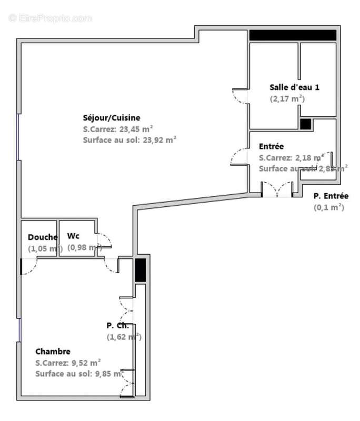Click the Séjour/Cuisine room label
point(111,118)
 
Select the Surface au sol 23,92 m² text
point(129,140)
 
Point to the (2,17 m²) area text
point(287,98)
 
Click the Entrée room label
point(272,146)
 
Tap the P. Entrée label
point(331,196)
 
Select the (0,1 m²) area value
point(328,207)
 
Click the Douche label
point(42,237)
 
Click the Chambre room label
point(53,351)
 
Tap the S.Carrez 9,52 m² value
point(68,363)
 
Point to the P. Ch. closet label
point(117,325)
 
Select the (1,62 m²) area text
point(124,337)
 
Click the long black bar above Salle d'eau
point(293,35)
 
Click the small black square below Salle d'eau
point(305,124)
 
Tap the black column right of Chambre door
point(140,270)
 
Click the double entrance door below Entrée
point(277,189)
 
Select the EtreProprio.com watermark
point(51,18)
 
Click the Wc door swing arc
point(104,240)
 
